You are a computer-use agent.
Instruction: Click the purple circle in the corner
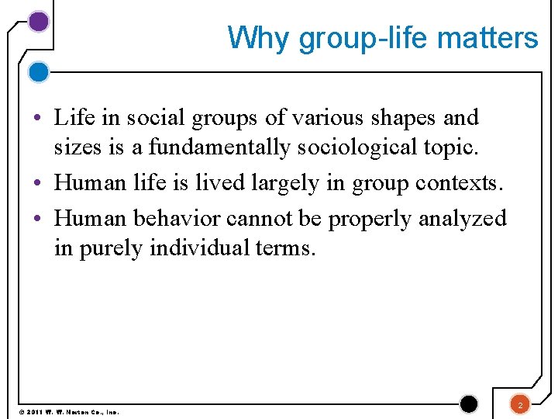(38, 22)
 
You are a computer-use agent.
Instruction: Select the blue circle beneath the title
(38, 73)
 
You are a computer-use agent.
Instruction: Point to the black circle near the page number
(469, 403)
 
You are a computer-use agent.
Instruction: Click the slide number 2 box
(520, 404)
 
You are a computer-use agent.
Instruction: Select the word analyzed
(463, 219)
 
